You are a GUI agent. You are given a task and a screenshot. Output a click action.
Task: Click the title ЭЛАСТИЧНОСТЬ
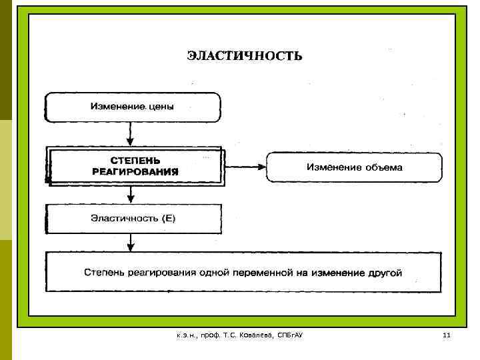(244, 56)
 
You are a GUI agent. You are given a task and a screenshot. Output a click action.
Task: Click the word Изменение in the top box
(118, 107)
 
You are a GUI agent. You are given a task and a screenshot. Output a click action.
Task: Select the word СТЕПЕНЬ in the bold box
(135, 161)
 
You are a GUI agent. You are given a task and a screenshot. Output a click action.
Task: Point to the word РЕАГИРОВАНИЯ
(135, 171)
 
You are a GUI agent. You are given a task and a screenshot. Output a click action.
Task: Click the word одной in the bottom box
(215, 272)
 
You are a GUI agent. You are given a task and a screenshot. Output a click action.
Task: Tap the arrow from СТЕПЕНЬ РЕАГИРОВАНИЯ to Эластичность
(131, 195)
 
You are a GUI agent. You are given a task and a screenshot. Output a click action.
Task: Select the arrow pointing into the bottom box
(131, 242)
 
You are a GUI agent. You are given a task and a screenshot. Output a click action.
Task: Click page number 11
(447, 334)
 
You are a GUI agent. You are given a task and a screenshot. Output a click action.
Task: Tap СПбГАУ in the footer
(290, 334)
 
